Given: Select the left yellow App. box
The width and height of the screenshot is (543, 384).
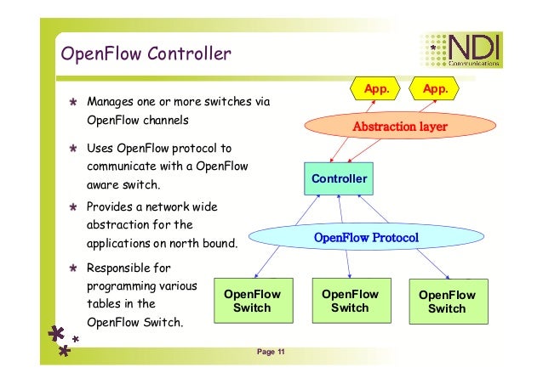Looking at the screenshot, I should (377, 88).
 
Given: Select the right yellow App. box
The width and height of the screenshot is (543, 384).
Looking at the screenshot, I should (435, 88).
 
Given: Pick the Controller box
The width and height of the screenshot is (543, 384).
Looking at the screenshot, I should (339, 179).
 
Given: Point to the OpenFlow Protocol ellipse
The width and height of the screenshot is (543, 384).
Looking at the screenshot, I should (366, 237).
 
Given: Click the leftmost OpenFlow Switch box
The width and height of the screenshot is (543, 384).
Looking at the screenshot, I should (252, 301).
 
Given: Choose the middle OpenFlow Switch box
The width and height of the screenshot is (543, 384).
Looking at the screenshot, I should (349, 301).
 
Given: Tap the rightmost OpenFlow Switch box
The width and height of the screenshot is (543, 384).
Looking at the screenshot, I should (447, 302).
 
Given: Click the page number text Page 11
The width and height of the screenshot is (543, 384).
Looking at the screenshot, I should (271, 353).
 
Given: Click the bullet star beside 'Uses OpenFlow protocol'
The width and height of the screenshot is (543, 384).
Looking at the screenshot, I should (74, 148).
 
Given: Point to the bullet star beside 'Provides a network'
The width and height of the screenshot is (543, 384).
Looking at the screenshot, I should (74, 207).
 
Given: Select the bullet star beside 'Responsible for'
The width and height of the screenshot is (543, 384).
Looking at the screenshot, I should (74, 268).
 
